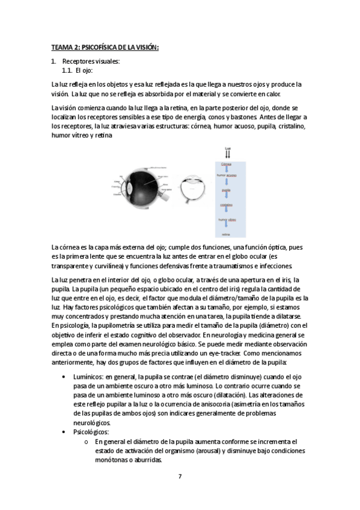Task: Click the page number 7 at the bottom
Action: coord(180,476)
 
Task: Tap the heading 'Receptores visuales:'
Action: coord(91,61)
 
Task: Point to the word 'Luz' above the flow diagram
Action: coord(227,147)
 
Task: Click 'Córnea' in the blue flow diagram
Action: coord(227,164)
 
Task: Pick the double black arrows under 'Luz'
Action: coord(227,154)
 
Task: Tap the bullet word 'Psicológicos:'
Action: coord(91,432)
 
